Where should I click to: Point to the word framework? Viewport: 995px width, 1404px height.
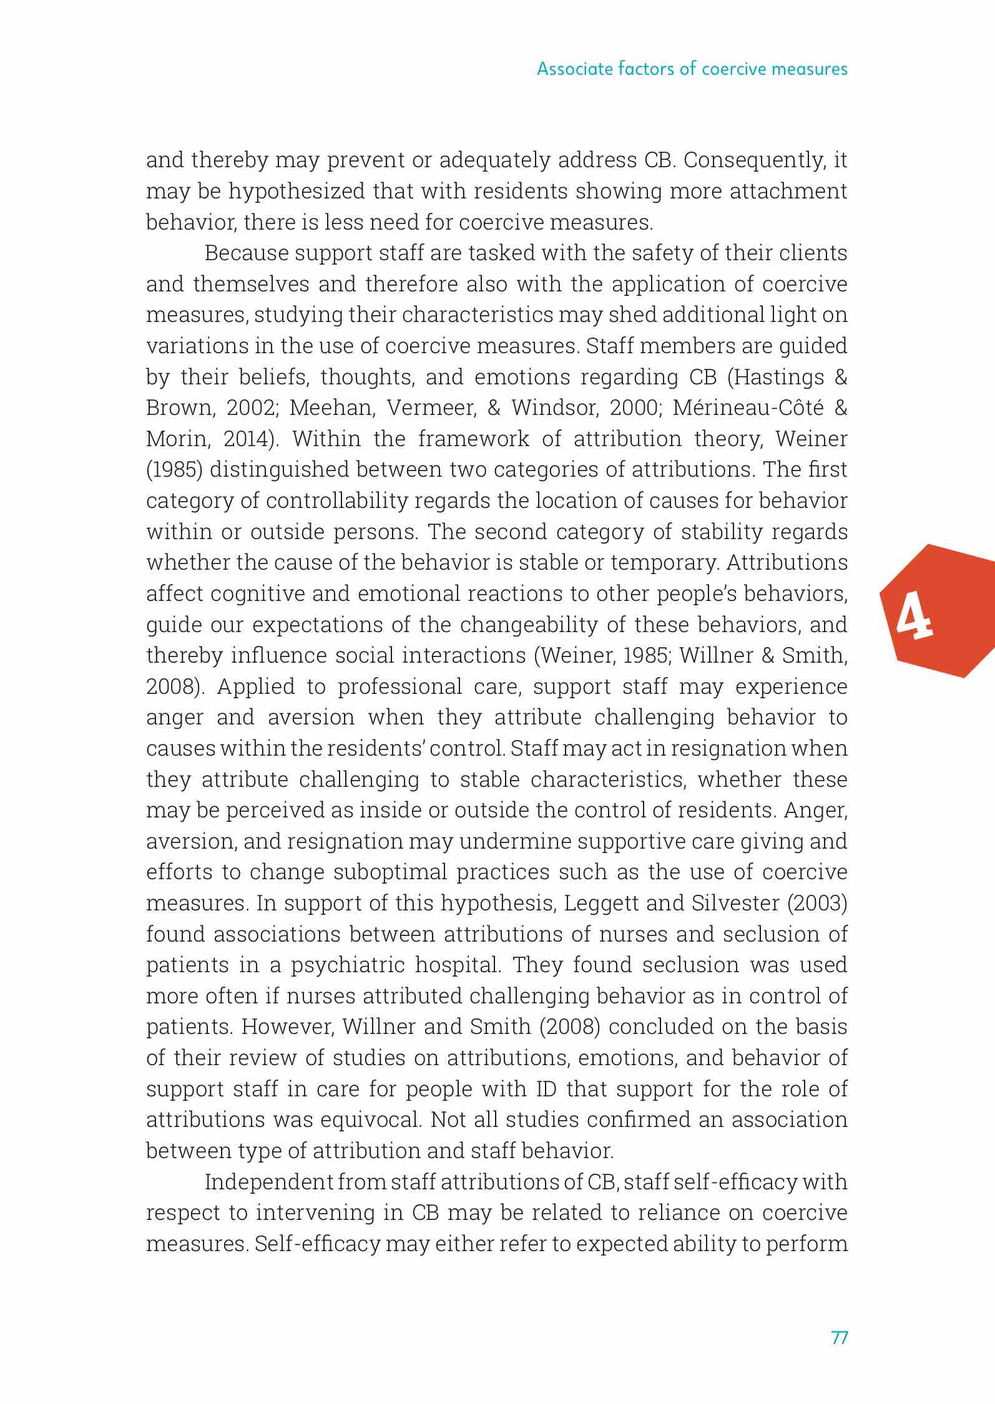coord(473,439)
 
